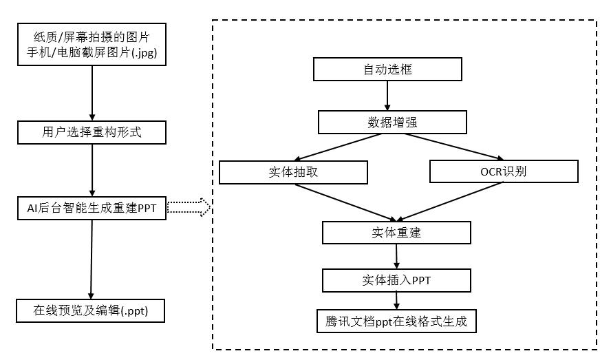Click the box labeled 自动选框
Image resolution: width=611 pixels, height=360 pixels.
click(387, 70)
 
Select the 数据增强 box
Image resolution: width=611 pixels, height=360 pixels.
click(392, 123)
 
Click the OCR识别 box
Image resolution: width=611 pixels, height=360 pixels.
click(503, 172)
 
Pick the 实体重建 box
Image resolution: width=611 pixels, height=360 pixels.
click(396, 233)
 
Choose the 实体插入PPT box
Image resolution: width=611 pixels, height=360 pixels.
click(396, 280)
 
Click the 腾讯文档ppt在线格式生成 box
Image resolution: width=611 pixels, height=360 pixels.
click(396, 321)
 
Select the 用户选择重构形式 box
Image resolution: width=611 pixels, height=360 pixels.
click(92, 132)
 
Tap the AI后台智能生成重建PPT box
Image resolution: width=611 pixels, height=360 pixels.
click(92, 208)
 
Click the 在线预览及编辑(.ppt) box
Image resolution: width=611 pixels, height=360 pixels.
click(92, 310)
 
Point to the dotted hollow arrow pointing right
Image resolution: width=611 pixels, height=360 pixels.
click(189, 207)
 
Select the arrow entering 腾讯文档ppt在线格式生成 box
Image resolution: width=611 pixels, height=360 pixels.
click(396, 301)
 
